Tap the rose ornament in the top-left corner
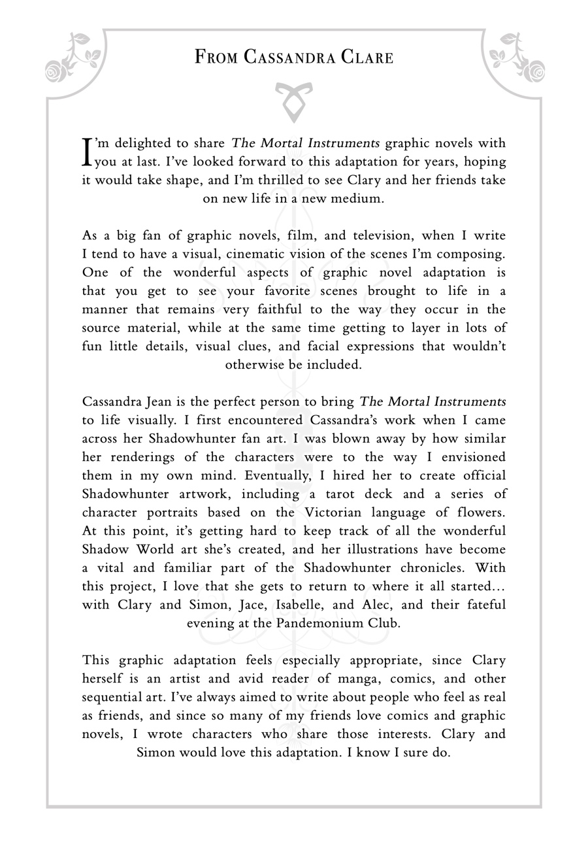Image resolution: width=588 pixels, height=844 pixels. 74,57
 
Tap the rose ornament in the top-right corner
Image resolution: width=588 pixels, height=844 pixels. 517,57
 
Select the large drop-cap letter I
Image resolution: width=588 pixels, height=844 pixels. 87,151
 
